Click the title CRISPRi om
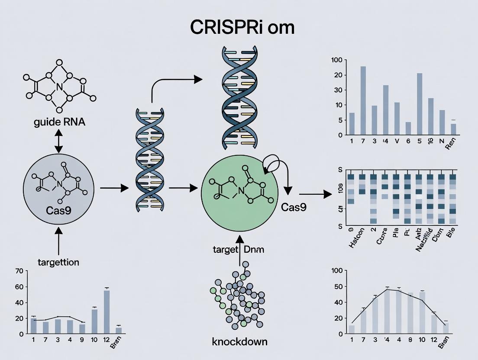242,27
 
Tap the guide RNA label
59,122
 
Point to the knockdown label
239,341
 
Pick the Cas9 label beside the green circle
294,207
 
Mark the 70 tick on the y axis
19,272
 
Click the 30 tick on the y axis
338,90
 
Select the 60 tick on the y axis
19,287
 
